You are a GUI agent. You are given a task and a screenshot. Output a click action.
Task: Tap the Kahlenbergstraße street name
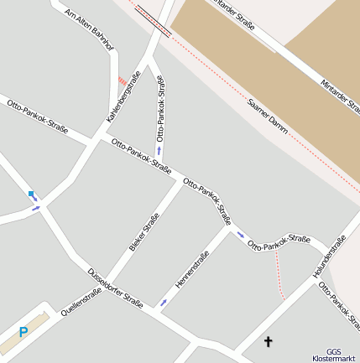[x=123, y=96]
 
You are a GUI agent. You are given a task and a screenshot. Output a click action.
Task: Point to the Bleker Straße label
[x=143, y=233]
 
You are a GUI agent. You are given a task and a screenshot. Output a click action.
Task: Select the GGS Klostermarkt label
[x=334, y=355]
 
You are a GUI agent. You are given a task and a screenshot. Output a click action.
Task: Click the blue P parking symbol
[x=23, y=332]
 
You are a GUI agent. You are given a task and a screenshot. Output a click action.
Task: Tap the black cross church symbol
[x=269, y=341]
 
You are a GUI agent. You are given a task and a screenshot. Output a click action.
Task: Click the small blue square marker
[x=31, y=194]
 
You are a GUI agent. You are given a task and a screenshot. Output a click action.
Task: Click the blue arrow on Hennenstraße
[x=163, y=302]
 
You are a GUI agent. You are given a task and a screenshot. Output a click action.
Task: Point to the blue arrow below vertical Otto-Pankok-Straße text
[x=159, y=151]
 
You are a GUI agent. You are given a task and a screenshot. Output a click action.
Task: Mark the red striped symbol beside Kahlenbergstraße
[x=123, y=80]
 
